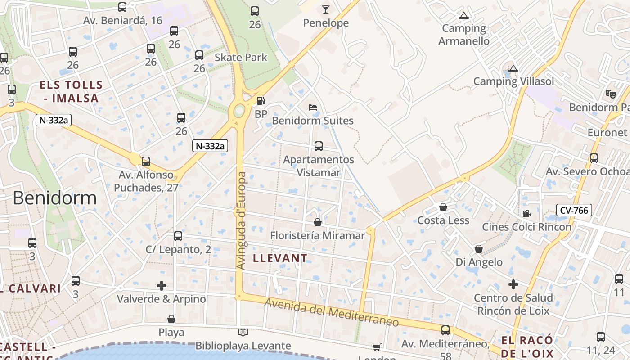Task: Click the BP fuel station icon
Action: pyautogui.click(x=261, y=101)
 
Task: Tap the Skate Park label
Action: pyautogui.click(x=241, y=58)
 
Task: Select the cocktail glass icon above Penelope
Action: pyautogui.click(x=326, y=9)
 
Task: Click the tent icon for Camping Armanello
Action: pyautogui.click(x=463, y=16)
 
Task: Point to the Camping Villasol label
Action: pyautogui.click(x=513, y=81)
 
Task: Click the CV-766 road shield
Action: pyautogui.click(x=574, y=210)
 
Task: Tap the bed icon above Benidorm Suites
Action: pyautogui.click(x=313, y=108)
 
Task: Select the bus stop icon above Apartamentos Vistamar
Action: pyautogui.click(x=319, y=146)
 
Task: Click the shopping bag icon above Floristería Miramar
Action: pyautogui.click(x=318, y=222)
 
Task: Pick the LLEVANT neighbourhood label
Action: pyautogui.click(x=280, y=258)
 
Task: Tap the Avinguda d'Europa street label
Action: pyautogui.click(x=241, y=220)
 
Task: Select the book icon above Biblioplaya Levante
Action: pyautogui.click(x=243, y=332)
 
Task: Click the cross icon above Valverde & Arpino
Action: pyautogui.click(x=162, y=285)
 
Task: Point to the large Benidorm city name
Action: pyautogui.click(x=54, y=198)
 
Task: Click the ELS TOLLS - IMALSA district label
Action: pyautogui.click(x=71, y=91)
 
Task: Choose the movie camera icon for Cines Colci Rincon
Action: pyautogui.click(x=526, y=213)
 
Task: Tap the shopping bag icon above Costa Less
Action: pyautogui.click(x=443, y=207)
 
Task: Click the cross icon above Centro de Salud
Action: pyautogui.click(x=513, y=284)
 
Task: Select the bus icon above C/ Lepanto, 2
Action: pyautogui.click(x=178, y=236)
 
